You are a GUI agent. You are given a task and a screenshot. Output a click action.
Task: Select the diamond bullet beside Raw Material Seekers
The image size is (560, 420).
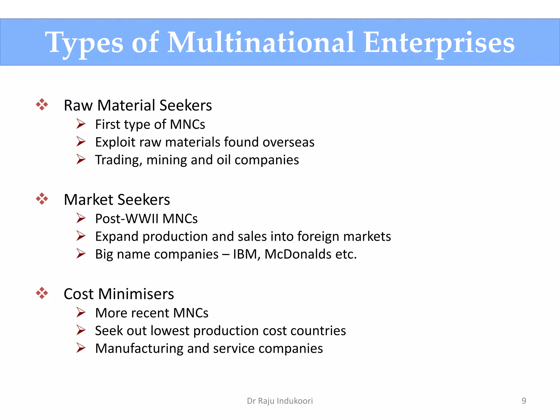coord(42,104)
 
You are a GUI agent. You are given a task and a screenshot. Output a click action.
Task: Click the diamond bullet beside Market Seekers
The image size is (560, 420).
coord(42,199)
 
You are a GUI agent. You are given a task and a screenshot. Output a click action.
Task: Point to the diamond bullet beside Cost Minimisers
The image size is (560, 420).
coord(42,293)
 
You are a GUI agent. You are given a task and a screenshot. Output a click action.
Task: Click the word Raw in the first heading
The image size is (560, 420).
coord(78,106)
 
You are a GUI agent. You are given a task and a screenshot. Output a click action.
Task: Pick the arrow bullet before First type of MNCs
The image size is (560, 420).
coord(81,124)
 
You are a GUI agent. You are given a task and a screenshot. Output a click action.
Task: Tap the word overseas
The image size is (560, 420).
coord(288,142)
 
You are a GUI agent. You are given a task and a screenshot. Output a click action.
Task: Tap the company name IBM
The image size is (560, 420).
coord(245,254)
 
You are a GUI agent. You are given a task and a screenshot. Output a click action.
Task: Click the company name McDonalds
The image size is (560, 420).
coord(298,254)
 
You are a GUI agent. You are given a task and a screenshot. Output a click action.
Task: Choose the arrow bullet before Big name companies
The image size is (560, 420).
coord(81,253)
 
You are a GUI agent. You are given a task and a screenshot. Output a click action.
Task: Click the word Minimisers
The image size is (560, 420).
coord(136,294)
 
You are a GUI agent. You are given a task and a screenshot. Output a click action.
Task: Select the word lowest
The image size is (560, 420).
coord(170,331)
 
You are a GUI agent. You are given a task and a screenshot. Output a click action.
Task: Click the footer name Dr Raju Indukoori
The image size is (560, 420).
coord(280,401)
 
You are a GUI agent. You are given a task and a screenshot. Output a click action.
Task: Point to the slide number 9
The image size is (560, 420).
coord(524,401)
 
